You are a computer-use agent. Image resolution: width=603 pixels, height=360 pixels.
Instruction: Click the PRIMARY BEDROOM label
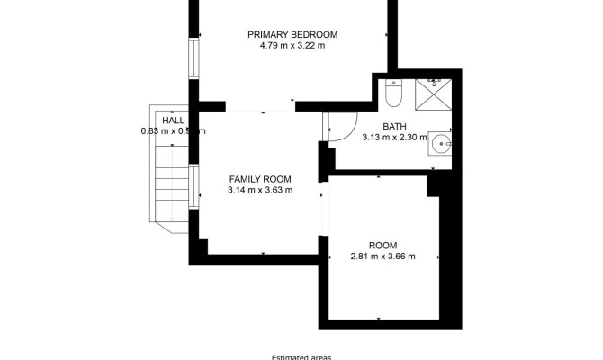tap(286, 34)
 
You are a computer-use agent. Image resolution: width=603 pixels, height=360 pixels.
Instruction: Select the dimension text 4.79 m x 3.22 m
tap(286, 46)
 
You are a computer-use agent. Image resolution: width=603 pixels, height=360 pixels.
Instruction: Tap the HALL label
tap(174, 120)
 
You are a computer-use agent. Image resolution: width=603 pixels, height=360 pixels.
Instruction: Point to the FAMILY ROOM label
tap(260, 178)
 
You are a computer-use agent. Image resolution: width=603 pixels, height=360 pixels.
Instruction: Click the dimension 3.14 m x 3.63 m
tap(260, 190)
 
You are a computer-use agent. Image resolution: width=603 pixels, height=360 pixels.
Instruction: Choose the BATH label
tap(394, 127)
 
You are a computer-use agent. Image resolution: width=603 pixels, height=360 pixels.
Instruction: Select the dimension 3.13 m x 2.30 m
tap(394, 139)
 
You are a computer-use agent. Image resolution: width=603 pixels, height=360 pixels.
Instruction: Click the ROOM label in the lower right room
tap(382, 245)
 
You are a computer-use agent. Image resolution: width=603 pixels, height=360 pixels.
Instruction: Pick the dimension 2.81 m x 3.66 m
tap(382, 256)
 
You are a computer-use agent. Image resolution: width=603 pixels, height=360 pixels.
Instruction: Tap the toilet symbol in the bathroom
tap(393, 93)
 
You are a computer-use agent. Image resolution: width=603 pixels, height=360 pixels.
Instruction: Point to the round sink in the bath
tap(440, 142)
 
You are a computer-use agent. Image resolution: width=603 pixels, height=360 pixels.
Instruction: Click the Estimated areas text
tap(301, 356)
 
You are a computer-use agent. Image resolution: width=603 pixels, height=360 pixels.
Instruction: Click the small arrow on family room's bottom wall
tap(262, 253)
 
